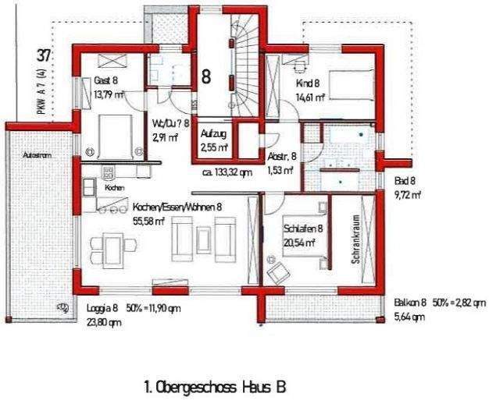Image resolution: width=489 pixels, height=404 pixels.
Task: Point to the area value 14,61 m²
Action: tap(310, 97)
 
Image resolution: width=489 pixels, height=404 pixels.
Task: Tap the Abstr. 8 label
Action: tap(282, 156)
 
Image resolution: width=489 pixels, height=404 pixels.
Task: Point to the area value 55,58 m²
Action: tap(148, 221)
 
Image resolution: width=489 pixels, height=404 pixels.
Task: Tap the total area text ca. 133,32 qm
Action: tap(227, 172)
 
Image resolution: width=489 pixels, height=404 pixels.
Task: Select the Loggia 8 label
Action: tap(98, 308)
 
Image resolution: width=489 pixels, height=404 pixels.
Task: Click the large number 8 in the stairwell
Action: tap(206, 76)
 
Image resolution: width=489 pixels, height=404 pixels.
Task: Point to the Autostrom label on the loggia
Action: tap(37, 156)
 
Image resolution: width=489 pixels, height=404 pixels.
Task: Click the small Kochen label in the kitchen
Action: tap(113, 188)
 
